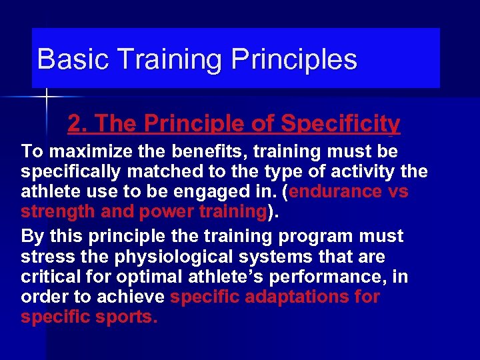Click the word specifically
pos(71,171)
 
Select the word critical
pos(49,277)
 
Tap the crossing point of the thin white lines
pos(47,97)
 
